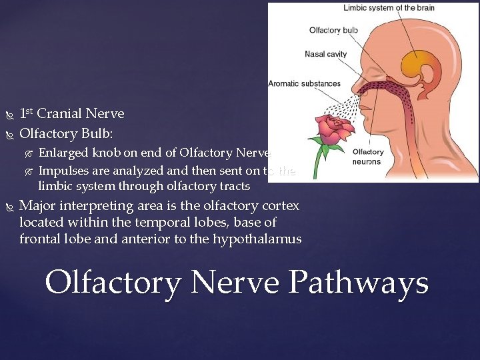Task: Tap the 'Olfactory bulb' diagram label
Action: click(333, 30)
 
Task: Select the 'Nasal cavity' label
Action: click(325, 54)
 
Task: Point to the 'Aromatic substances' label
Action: click(304, 84)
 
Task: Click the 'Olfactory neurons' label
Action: click(367, 157)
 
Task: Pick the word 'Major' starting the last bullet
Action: click(37, 205)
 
